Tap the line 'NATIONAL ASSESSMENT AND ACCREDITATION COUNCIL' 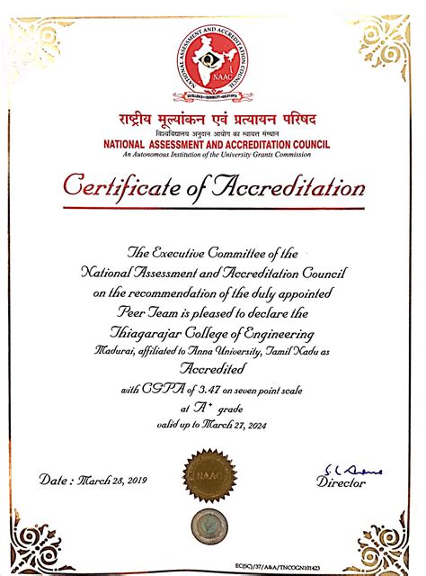(x=213, y=143)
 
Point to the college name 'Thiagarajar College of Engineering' (x=212, y=329)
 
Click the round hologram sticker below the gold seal (x=213, y=525)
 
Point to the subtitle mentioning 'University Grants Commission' (x=213, y=153)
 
